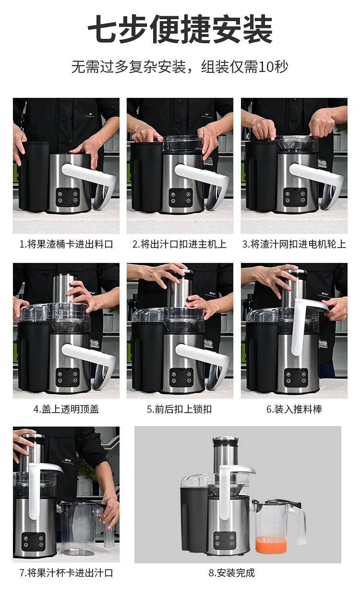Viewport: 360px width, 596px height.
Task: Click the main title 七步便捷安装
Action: [180, 29]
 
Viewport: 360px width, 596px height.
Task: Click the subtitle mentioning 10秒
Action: [180, 67]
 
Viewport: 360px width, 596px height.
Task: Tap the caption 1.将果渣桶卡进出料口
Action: [66, 244]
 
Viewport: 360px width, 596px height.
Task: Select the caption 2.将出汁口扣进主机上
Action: [180, 244]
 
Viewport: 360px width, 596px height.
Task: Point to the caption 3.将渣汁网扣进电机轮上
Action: [294, 244]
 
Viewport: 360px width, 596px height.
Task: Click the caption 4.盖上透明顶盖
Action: [66, 409]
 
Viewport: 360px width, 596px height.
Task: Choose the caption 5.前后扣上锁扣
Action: [180, 409]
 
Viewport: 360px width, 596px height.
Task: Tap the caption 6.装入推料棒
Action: [294, 409]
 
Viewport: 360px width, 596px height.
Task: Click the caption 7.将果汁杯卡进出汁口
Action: [66, 573]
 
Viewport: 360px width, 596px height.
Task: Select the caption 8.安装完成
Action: [232, 573]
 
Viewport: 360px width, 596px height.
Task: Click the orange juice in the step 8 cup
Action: [271, 544]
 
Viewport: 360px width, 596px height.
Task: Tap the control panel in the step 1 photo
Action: [68, 197]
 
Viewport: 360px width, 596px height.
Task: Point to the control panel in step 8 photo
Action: [225, 540]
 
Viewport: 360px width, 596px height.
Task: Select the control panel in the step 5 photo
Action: [181, 377]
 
